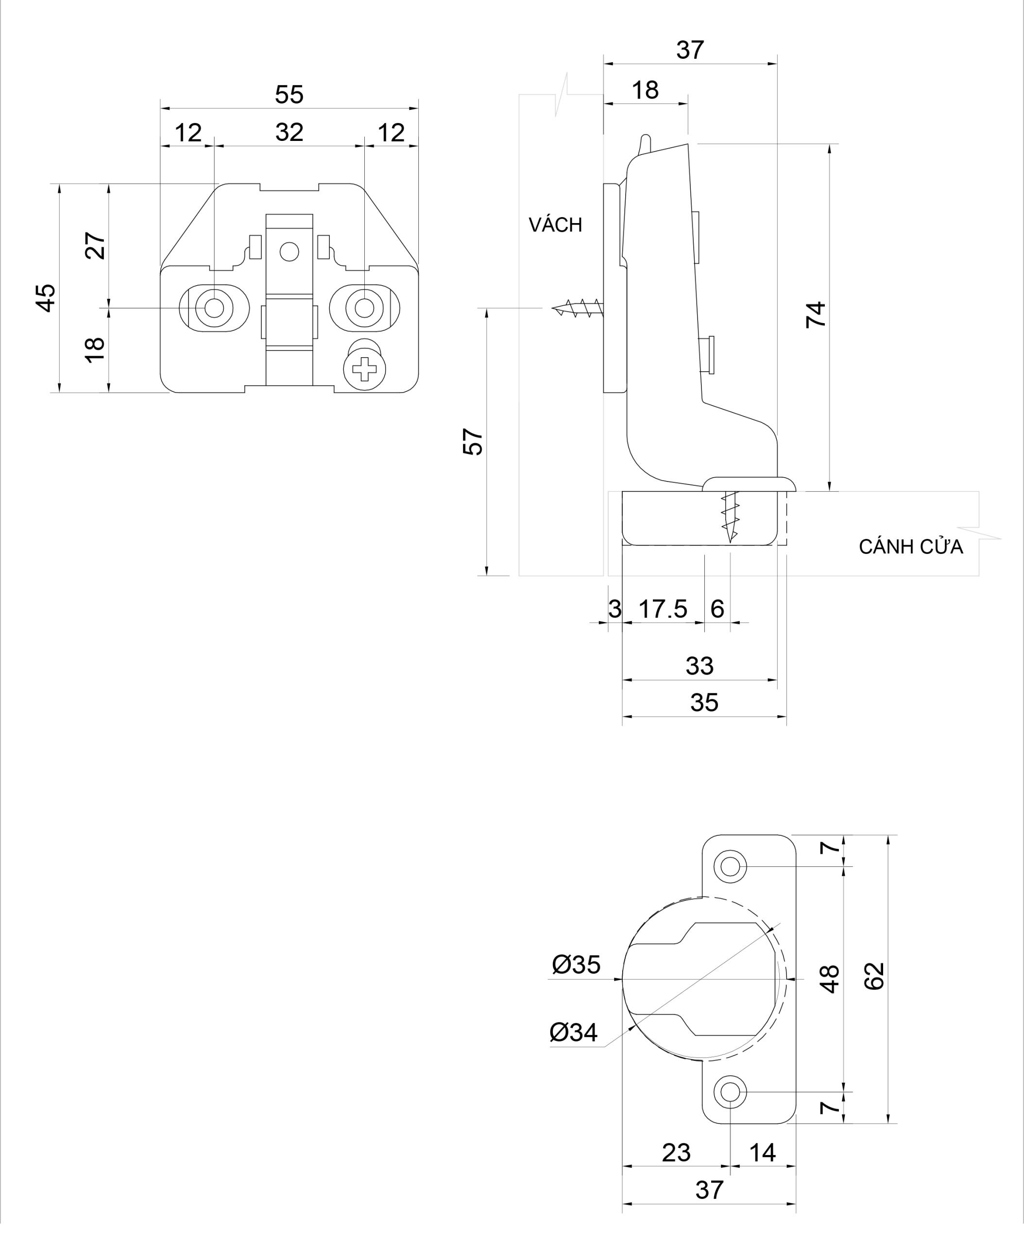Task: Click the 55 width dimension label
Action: (x=289, y=94)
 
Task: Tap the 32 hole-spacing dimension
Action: (x=289, y=132)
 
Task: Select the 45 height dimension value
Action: (x=46, y=297)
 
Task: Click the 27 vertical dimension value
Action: (x=96, y=245)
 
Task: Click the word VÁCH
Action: (x=555, y=225)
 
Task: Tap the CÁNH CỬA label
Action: (x=910, y=547)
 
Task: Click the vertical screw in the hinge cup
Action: (x=730, y=516)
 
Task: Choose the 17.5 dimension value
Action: (x=663, y=609)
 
